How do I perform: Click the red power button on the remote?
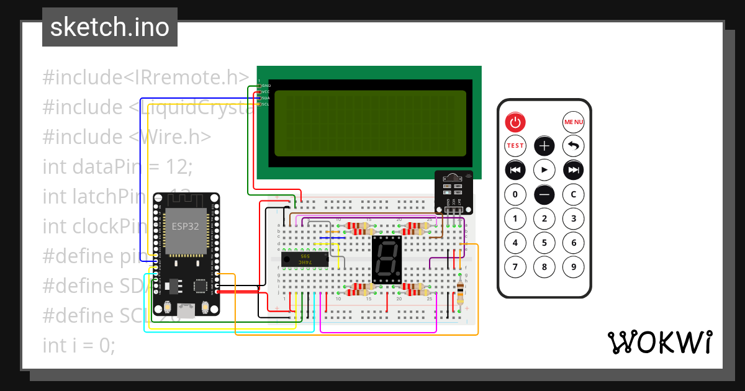[x=515, y=122]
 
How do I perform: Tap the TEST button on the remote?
[x=515, y=146]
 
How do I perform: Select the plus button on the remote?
[x=544, y=146]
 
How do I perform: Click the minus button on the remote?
[x=544, y=194]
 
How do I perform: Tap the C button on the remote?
[x=573, y=194]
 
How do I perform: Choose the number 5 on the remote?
[x=544, y=243]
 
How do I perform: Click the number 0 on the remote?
[x=515, y=194]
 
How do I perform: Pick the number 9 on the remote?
[x=573, y=267]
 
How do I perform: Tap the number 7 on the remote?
[x=515, y=267]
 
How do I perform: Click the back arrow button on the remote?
[x=573, y=146]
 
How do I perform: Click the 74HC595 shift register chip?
[x=305, y=259]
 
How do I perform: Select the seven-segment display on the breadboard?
[x=387, y=259]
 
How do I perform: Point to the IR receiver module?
[x=453, y=191]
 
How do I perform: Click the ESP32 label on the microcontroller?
[x=185, y=227]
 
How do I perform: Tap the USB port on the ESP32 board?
[x=186, y=309]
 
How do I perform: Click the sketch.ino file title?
[x=110, y=27]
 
